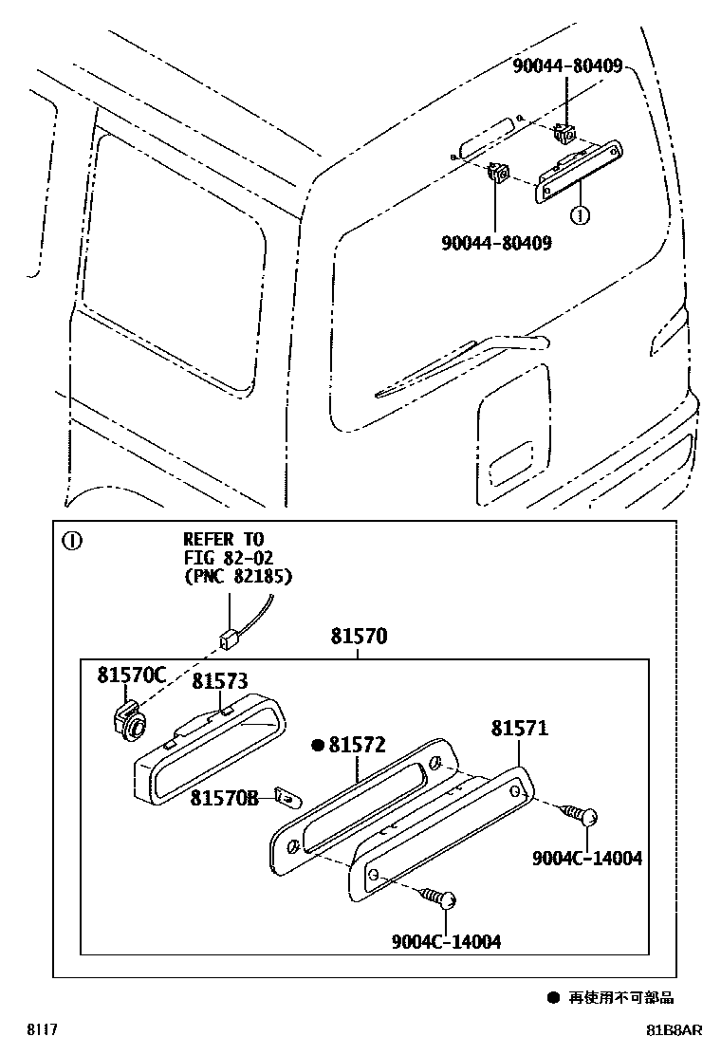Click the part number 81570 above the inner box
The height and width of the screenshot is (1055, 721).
coord(358,638)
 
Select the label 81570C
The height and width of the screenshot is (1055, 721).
coord(131,676)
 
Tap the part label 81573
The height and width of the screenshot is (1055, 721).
coord(219,681)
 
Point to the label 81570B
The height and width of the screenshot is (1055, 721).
coord(223,799)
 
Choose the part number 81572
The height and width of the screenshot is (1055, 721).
coord(357,746)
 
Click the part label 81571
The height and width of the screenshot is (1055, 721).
coord(519,729)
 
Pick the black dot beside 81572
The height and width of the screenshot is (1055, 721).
coord(318,746)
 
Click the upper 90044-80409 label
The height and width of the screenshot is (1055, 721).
coord(567,66)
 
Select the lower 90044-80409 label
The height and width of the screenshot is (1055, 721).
coord(496,243)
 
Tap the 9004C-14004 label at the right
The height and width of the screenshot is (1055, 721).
coord(586,859)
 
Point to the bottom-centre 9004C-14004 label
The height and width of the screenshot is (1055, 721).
coord(446,941)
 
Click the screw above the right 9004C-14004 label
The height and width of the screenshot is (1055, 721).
coord(581,814)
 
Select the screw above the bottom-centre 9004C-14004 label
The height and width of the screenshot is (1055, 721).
coord(442,898)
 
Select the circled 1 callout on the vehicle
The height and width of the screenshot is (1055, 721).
coord(579,215)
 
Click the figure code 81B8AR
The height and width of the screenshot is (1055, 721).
coord(674,1030)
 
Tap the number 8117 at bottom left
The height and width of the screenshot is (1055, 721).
coord(40,1030)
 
